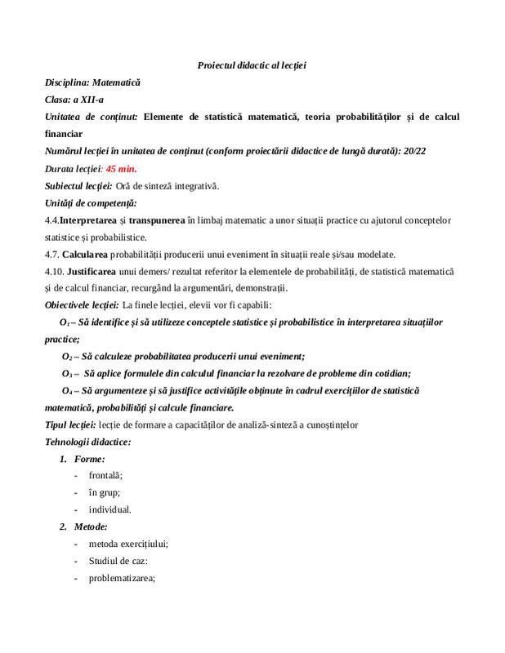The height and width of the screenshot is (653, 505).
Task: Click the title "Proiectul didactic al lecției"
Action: [x=252, y=64]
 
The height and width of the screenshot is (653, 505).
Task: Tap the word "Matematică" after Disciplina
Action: [x=116, y=82]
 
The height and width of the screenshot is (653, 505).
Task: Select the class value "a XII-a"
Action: [x=87, y=100]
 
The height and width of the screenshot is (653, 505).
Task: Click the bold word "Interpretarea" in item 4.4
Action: [x=88, y=220]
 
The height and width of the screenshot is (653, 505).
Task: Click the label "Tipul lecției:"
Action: [x=70, y=424]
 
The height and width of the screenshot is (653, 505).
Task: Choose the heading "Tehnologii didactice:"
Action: [x=87, y=442]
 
